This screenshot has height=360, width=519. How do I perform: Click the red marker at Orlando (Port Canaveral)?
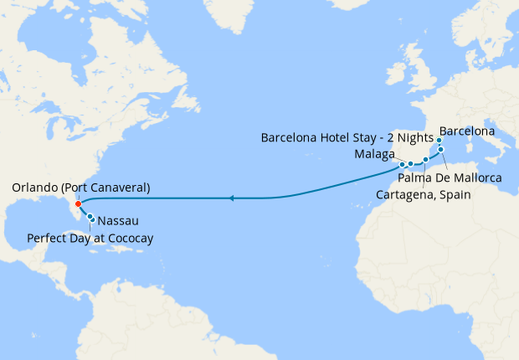coord(77,203)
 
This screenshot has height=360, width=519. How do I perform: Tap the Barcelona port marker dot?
coord(439,141)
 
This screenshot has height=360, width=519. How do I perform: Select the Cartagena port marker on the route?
coord(425,159)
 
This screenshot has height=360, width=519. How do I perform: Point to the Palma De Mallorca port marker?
coord(441,149)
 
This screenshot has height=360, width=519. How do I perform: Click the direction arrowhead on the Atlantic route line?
coord(232,198)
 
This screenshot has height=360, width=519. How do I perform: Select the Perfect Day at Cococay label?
coord(90,239)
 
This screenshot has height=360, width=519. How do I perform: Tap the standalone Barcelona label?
coord(466,131)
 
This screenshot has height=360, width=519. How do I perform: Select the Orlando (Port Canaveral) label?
coord(81,188)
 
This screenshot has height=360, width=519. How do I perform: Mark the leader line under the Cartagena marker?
coord(424,173)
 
